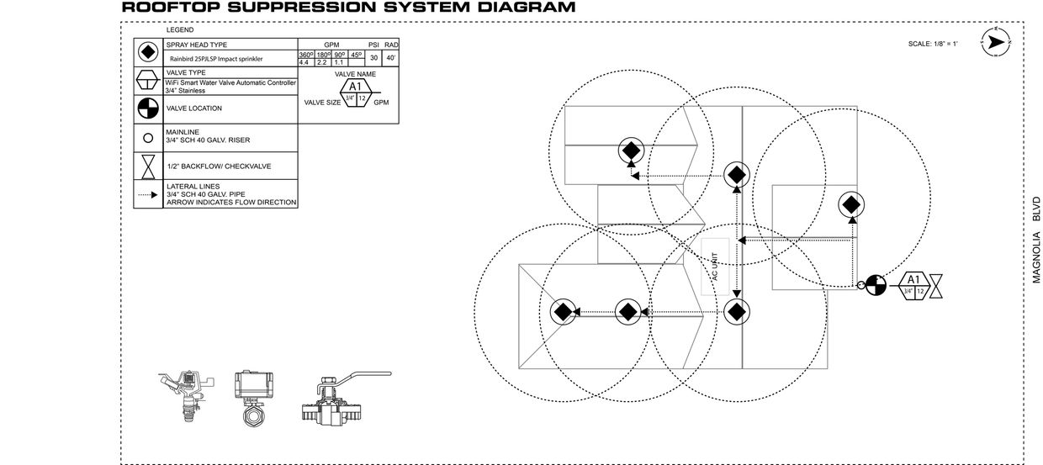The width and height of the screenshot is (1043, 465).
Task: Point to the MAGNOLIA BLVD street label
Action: [x=1036, y=240]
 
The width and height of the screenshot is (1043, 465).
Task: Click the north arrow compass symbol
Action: [x=996, y=42]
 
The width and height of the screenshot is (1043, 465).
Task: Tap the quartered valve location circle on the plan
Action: [x=876, y=285]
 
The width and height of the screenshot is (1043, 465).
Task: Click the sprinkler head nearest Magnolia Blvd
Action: [x=850, y=204]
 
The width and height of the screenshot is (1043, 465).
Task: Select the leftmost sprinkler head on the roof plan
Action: [x=563, y=312]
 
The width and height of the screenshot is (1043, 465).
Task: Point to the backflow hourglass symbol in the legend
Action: [x=149, y=166]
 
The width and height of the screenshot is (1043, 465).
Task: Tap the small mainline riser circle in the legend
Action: [x=149, y=138]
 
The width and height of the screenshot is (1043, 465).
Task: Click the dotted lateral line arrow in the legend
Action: [x=149, y=194]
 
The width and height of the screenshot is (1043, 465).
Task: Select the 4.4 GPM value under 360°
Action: [x=304, y=62]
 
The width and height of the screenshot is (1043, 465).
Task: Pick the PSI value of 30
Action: [x=374, y=58]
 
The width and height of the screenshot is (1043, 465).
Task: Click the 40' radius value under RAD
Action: [x=391, y=58]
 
